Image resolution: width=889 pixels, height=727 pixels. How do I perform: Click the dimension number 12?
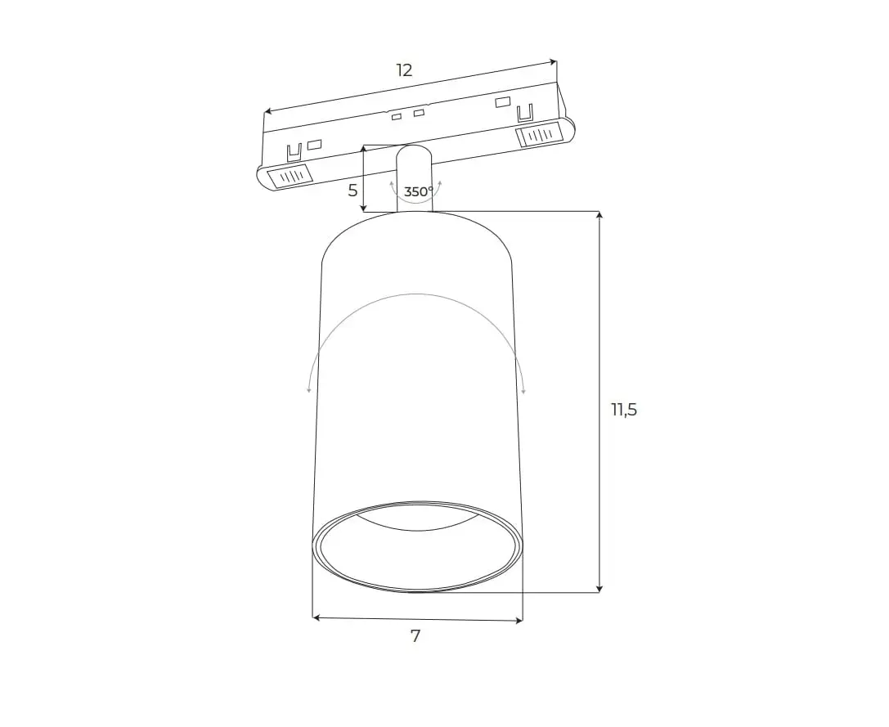click(404, 70)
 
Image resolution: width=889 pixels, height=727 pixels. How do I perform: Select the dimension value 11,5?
click(624, 409)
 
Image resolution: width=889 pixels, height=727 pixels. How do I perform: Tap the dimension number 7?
click(415, 636)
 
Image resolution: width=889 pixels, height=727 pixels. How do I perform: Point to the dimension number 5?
click(352, 191)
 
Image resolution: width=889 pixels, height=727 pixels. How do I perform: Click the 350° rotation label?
click(419, 191)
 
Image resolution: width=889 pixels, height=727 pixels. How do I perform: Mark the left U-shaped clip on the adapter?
click(294, 153)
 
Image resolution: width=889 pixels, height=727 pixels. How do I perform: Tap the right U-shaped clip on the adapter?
click(526, 112)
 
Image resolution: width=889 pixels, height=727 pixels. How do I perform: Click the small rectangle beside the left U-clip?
click(314, 145)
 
